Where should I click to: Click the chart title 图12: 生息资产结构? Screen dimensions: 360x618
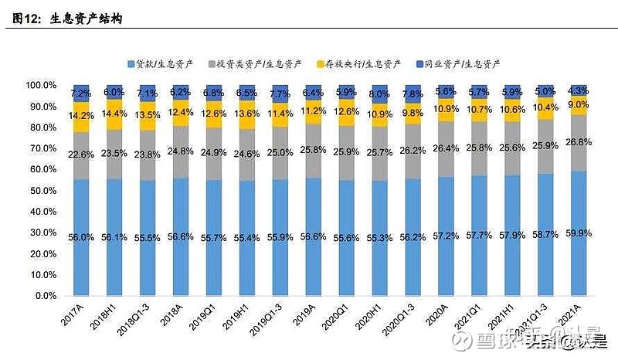[x=68, y=19]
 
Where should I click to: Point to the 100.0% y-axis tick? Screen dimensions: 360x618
[x=40, y=85]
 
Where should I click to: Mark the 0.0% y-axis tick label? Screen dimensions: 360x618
[x=45, y=296]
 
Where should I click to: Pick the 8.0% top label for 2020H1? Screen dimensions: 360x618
[x=380, y=94]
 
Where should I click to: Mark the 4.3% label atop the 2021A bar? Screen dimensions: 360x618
[x=579, y=90]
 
